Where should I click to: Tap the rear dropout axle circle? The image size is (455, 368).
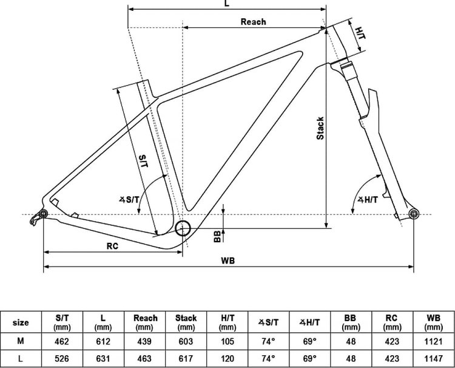coord(43,214)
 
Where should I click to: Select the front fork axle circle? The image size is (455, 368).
coord(414,214)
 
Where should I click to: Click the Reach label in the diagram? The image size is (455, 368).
coord(253,22)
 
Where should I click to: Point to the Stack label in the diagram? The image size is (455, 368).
coord(320,128)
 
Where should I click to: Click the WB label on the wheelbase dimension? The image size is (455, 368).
coord(227,261)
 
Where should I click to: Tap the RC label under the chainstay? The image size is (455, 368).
coord(112,246)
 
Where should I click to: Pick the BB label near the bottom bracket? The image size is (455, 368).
coord(217,236)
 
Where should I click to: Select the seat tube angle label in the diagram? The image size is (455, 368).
coord(129,200)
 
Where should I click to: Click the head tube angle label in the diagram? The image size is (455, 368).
coord(368,200)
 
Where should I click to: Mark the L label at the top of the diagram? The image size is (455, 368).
coord(227,3)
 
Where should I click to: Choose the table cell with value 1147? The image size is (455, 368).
coord(433,359)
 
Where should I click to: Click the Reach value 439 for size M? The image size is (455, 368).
coord(144,341)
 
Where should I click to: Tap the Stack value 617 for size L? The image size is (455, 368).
coord(186,359)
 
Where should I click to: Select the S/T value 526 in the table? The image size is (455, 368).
coord(62,359)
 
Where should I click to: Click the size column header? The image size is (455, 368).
coord(21,322)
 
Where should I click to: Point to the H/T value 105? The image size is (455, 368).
coord(227,341)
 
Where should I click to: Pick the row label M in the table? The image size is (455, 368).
coord(20,341)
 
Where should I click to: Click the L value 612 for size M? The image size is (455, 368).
coord(103,341)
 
